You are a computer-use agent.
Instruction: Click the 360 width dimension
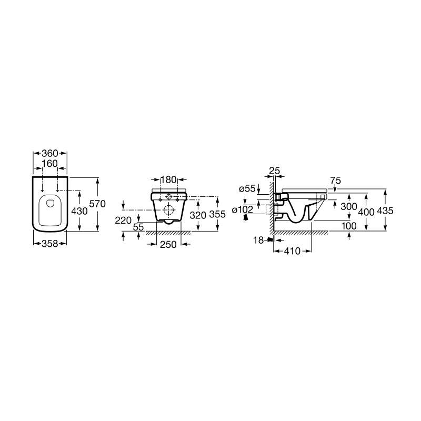click(x=50, y=153)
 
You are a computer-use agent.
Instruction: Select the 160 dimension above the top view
click(x=50, y=164)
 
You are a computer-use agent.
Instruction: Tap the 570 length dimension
click(x=97, y=204)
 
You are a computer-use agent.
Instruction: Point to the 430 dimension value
click(x=79, y=212)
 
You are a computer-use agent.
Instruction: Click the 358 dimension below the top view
click(x=50, y=244)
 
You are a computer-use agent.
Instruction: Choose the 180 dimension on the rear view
click(x=168, y=179)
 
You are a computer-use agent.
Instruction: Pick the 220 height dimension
click(x=123, y=220)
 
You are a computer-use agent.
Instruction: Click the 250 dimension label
click(x=168, y=244)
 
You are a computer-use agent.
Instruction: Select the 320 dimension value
click(x=198, y=215)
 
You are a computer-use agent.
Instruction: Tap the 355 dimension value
click(x=217, y=214)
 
